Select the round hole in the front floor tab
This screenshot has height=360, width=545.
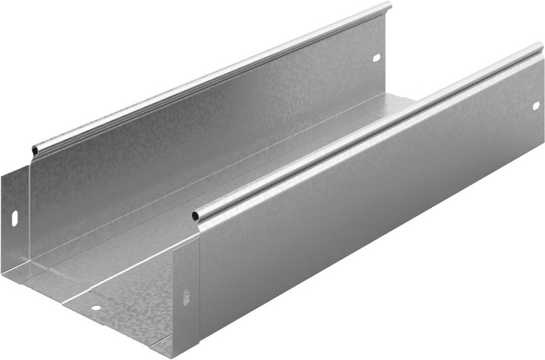(96, 307)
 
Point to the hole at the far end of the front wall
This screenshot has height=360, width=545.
(536, 106)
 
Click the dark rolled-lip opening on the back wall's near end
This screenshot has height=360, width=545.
(35, 149)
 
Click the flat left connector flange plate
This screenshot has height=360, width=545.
(15, 225)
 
